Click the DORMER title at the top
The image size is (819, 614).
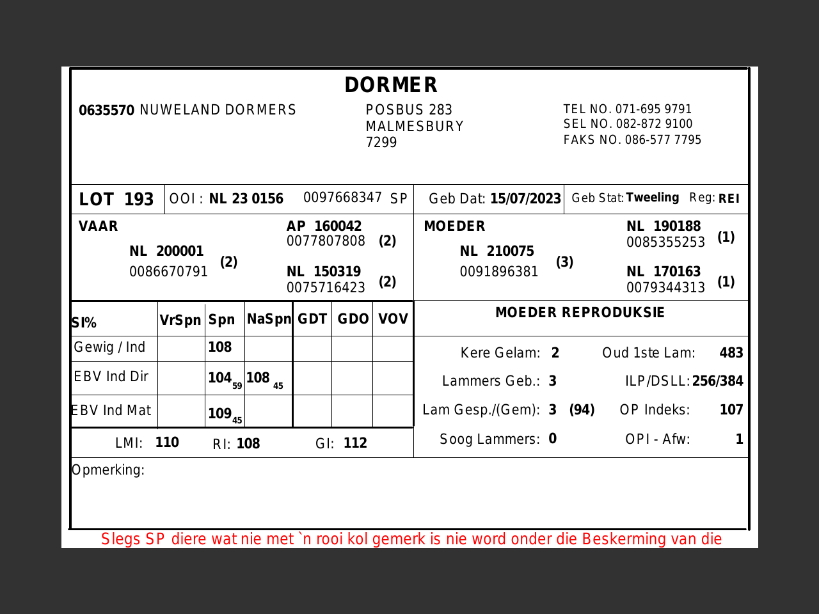[x=391, y=85]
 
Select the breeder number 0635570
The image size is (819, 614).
[x=106, y=111]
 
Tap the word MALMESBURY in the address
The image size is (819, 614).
[x=415, y=127]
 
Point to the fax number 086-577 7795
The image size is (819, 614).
[x=663, y=140]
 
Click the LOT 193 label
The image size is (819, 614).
[x=116, y=200]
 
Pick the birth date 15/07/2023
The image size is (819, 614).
[x=525, y=199]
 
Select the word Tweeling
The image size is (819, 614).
[x=652, y=198]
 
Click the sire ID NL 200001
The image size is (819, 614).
[x=166, y=251]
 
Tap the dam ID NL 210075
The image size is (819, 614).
[x=497, y=251]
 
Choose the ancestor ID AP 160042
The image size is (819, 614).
[x=324, y=226]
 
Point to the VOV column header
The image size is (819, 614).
[x=393, y=319]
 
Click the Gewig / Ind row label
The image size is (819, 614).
[x=109, y=347]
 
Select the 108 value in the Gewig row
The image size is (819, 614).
[x=219, y=347]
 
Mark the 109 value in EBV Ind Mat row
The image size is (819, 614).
[x=219, y=414]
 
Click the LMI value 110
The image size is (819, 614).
[x=167, y=443]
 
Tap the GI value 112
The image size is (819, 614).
[x=355, y=443]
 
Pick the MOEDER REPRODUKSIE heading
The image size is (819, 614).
[x=580, y=313]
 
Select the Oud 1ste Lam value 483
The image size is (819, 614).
[x=731, y=353]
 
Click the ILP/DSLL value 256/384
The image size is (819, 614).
[x=717, y=382]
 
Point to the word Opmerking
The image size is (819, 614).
[x=108, y=470]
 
